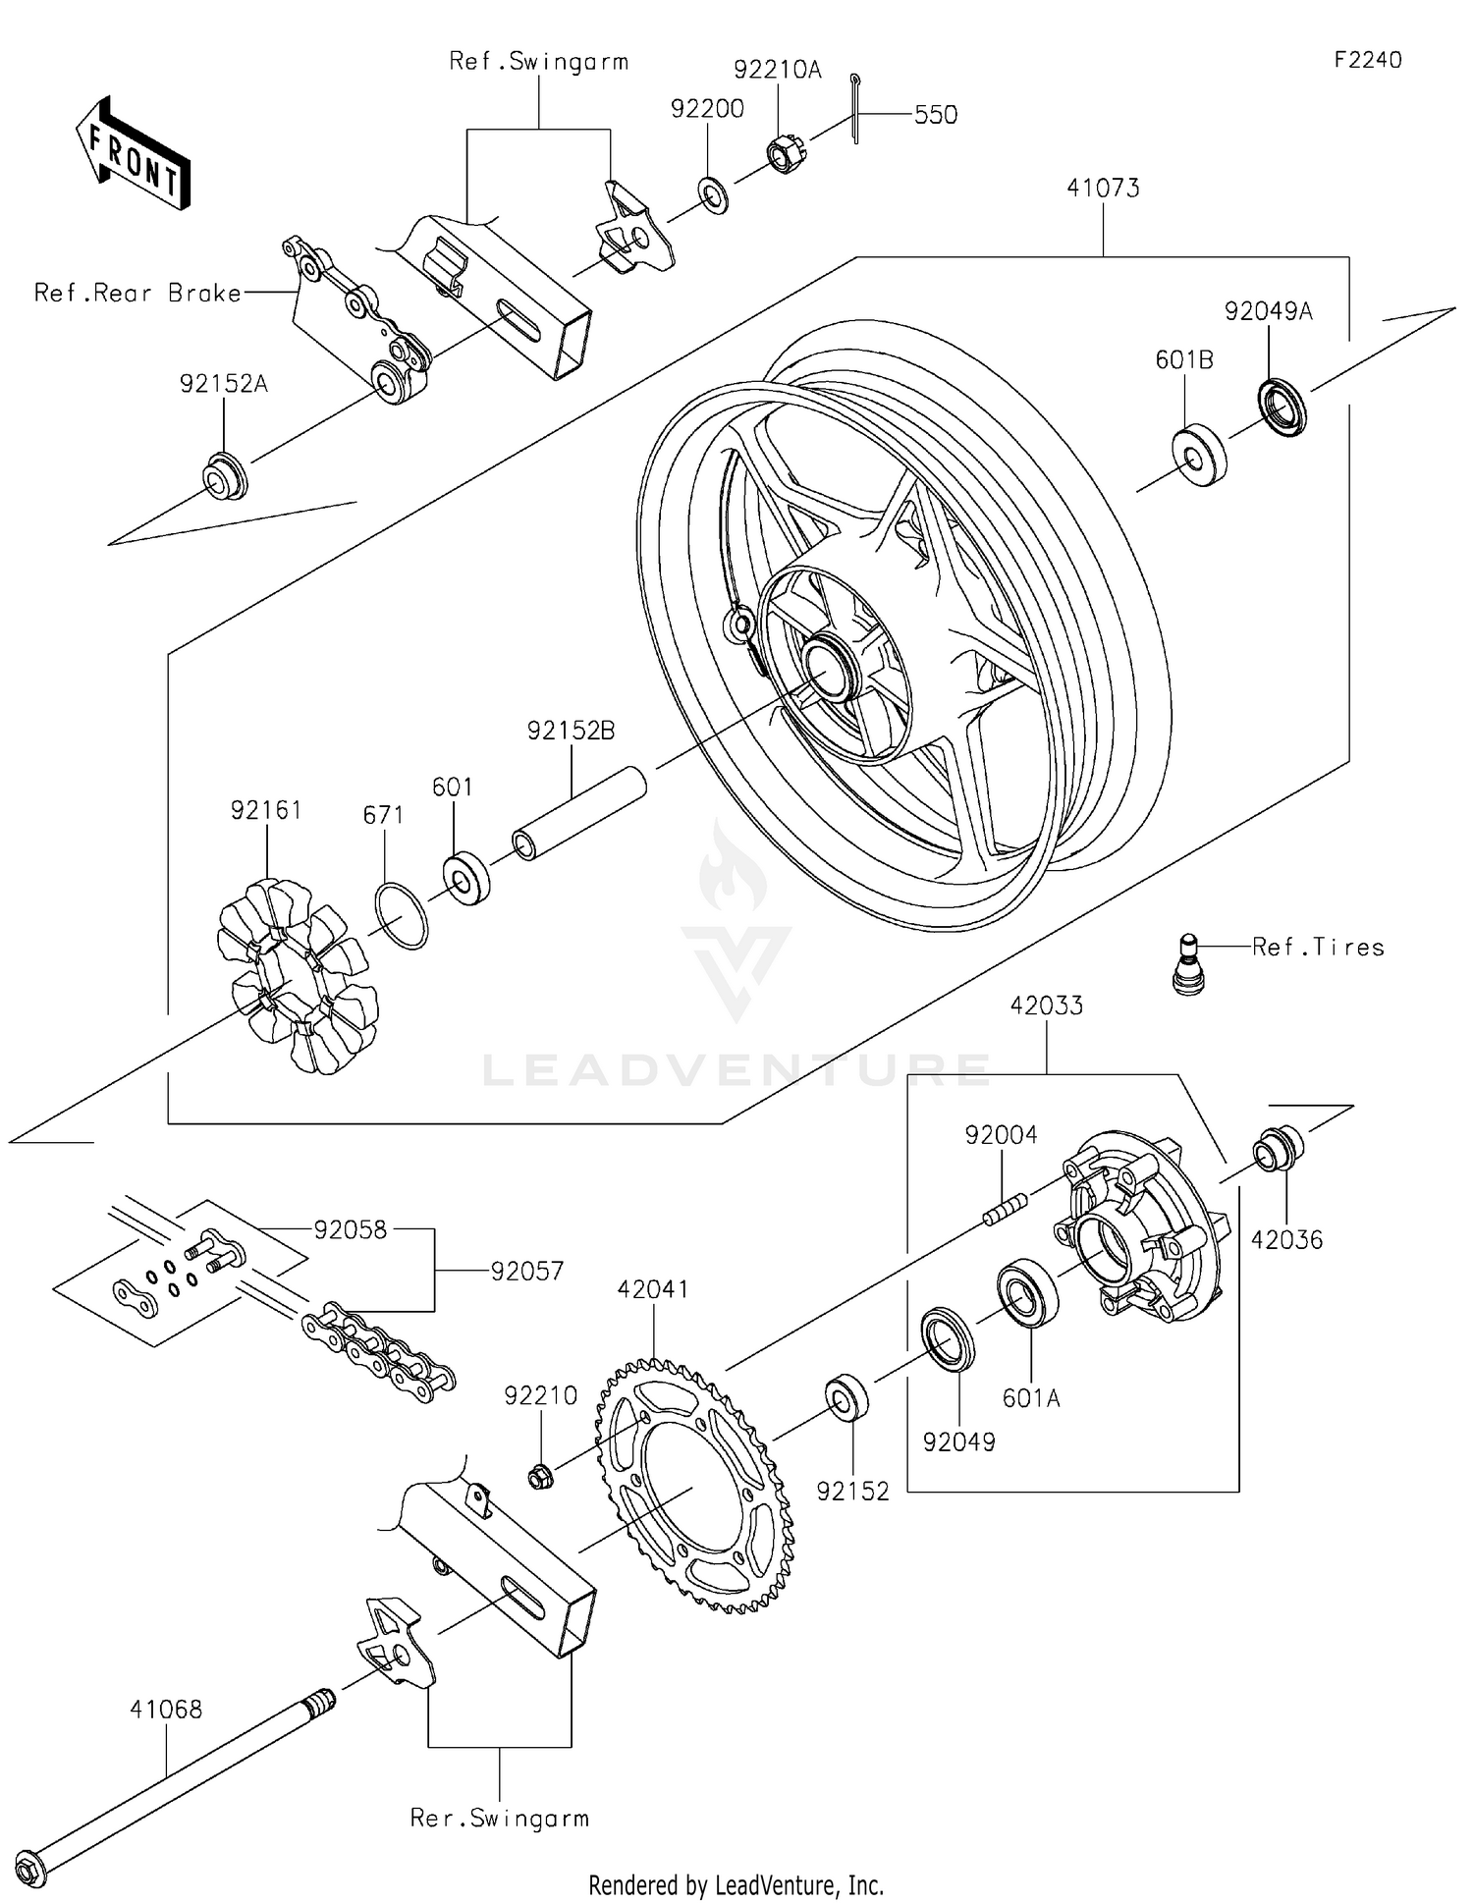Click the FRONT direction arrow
coord(133,154)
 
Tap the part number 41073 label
coord(1103,188)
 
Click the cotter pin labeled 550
coord(855,108)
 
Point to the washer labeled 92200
coord(714,194)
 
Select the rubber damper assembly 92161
coord(297,976)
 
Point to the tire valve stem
coord(1188,965)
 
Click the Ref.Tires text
coord(1318,948)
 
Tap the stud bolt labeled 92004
coord(1005,1209)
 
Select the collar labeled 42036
coord(1277,1149)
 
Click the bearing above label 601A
coord(1027,1292)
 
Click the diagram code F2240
coord(1367,60)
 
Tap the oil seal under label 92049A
coord(1282,406)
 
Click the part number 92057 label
coord(527,1272)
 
